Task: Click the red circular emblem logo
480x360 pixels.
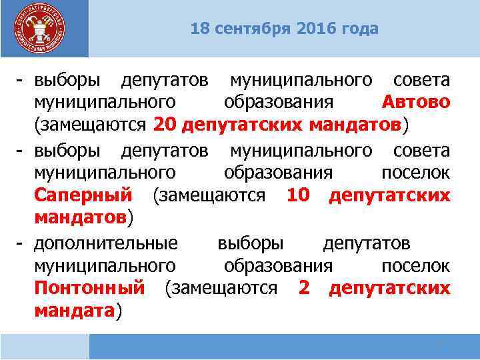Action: click(x=41, y=29)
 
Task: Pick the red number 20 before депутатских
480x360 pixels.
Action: click(x=164, y=125)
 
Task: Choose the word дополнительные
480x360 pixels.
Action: click(x=106, y=241)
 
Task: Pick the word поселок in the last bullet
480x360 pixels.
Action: click(x=415, y=265)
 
